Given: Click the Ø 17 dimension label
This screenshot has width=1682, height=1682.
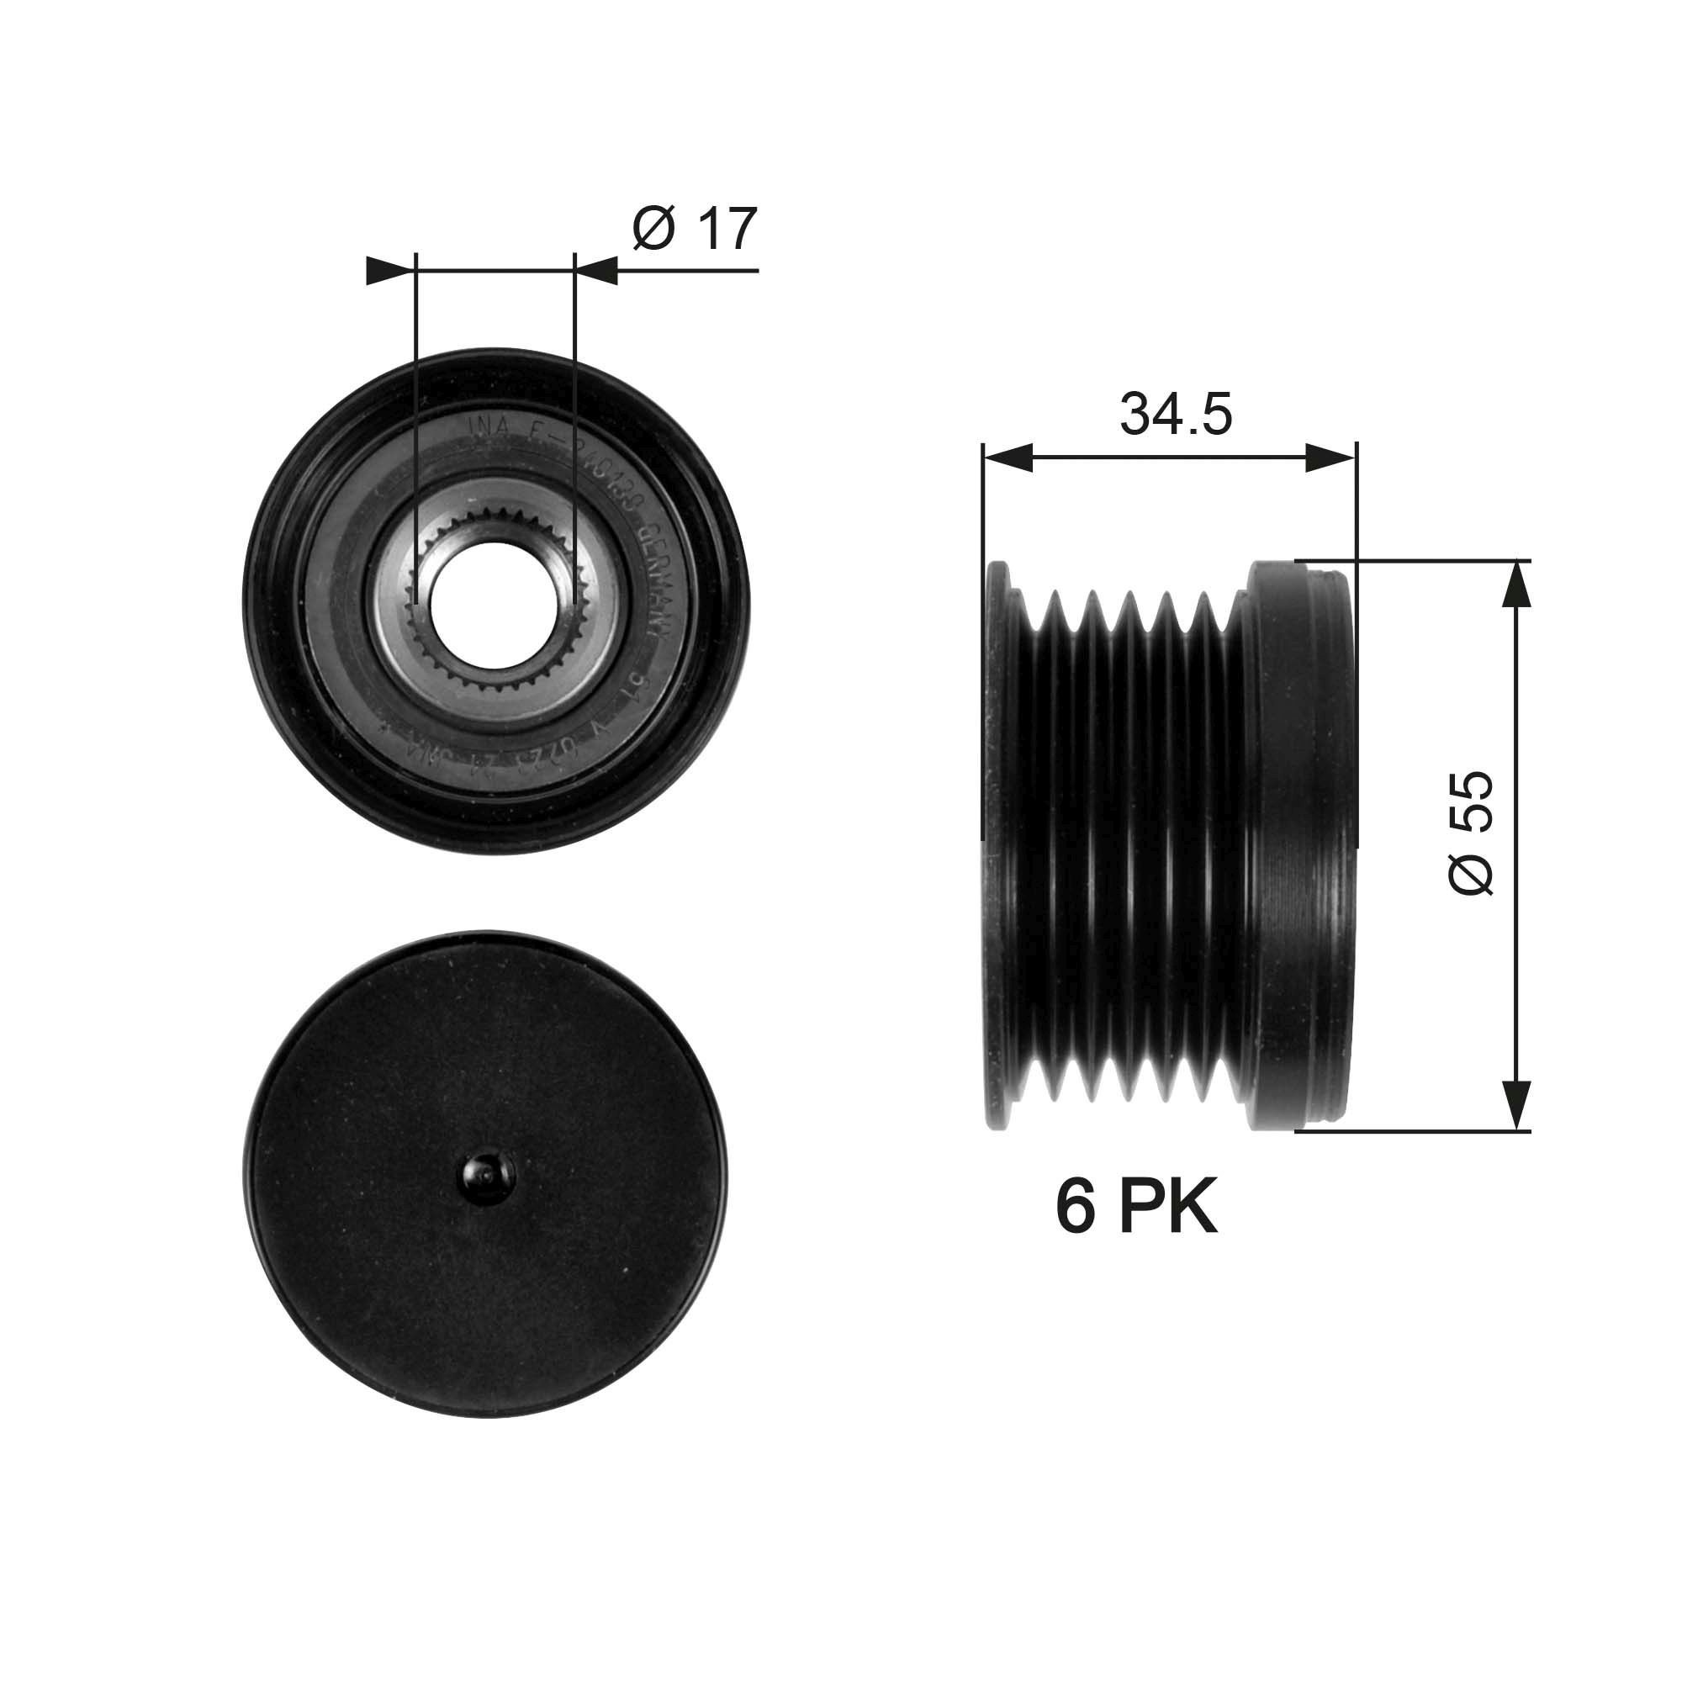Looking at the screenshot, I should click(x=695, y=229).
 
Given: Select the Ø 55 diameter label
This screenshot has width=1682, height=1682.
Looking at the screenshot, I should click(x=1471, y=832).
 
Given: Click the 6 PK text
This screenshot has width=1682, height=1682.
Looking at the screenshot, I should click(x=1135, y=1207).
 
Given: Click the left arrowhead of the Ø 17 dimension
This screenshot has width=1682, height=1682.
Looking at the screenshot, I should click(x=388, y=271).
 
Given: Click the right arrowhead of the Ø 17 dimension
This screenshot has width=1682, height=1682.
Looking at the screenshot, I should click(x=597, y=271).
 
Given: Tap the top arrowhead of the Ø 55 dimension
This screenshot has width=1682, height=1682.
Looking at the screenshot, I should click(x=1515, y=584).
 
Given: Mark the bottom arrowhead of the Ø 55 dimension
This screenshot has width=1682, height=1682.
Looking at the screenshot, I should click(x=1515, y=1106).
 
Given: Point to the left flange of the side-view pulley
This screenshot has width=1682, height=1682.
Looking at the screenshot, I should click(x=997, y=844).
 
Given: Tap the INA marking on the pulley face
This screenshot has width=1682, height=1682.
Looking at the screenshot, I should click(x=481, y=427).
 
